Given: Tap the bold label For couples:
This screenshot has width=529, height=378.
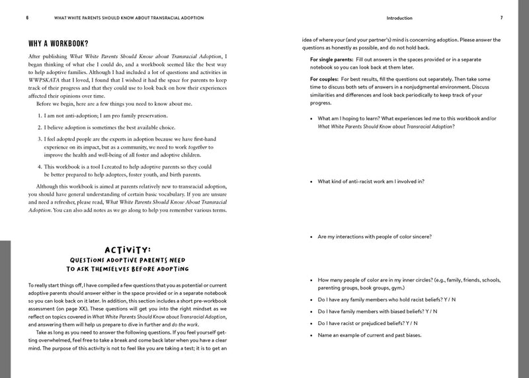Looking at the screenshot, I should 327,79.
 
